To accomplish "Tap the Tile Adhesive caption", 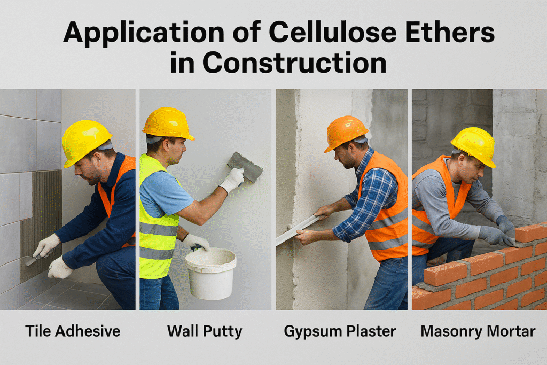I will tap(73, 331).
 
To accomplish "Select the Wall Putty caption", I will tap(205, 331).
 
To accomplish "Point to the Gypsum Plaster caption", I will tap(340, 331).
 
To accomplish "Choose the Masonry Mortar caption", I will tap(478, 331).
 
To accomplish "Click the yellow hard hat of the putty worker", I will tap(167, 122).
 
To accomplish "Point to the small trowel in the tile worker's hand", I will tap(30, 260).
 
